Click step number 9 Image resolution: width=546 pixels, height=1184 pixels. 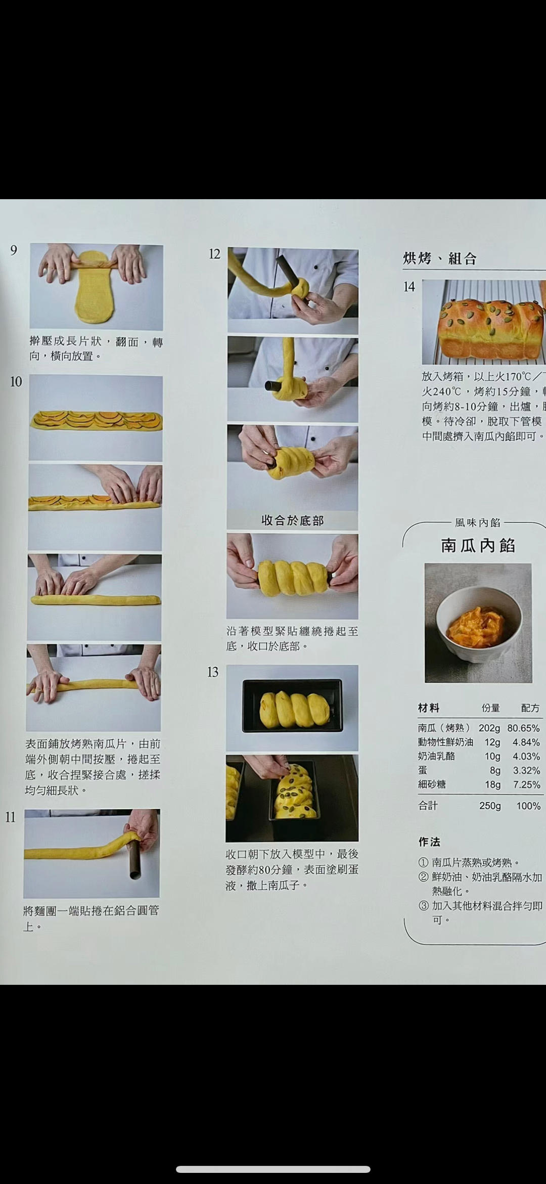(x=14, y=250)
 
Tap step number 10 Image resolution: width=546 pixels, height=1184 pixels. (x=16, y=381)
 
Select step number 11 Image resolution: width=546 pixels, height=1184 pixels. (x=11, y=817)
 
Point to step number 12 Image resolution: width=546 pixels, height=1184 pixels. (x=214, y=254)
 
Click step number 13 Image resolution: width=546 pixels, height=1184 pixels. (x=213, y=672)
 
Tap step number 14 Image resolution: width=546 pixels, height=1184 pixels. (x=409, y=287)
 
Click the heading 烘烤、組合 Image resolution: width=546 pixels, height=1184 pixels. (x=440, y=259)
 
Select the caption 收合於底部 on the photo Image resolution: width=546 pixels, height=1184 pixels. (x=292, y=520)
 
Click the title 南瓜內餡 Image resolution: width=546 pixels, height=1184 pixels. (x=478, y=545)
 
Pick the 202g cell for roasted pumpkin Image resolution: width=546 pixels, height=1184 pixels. (x=489, y=728)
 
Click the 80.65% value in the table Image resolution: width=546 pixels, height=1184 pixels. (x=524, y=728)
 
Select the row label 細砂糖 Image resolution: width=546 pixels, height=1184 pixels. (x=431, y=784)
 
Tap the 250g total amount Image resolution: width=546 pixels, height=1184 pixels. (x=489, y=806)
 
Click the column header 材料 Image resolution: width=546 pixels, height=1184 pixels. (x=428, y=708)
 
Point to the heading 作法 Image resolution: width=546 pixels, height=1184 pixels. (x=429, y=842)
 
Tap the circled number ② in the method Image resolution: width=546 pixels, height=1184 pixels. (x=423, y=878)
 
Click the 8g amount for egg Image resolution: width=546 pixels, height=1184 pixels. (x=494, y=770)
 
